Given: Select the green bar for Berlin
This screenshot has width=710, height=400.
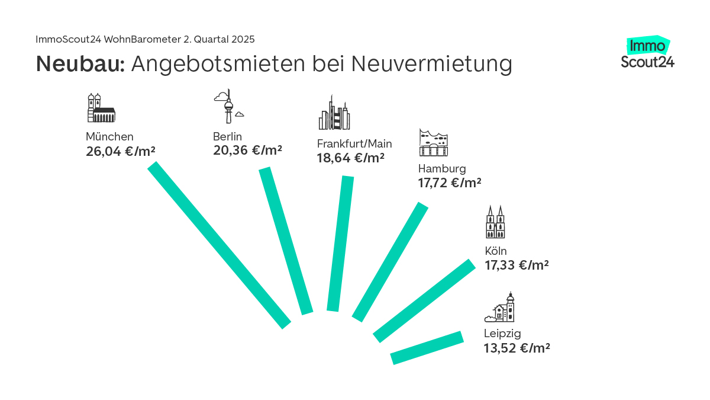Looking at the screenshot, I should coord(286,241).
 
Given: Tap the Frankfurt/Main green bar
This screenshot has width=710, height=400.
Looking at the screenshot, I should coord(340,244).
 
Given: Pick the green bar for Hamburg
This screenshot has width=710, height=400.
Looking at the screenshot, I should coord(390,262).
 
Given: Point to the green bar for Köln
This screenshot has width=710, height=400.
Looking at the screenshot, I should coord(424,301).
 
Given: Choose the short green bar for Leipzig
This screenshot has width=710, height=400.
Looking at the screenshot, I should coord(427,348).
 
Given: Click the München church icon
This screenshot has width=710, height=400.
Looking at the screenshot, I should coord(100,108).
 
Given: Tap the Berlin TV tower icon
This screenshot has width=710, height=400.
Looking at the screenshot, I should coord(228,107).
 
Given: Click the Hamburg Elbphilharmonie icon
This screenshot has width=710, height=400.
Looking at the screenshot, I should coord(434,143).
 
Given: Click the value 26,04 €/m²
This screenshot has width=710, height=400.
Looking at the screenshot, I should coord(121,152).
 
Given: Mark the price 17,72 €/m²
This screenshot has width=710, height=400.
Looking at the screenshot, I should coord(450,183).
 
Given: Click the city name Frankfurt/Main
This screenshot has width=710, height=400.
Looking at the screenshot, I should coord(354,143).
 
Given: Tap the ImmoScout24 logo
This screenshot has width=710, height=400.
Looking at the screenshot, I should coord(648,53).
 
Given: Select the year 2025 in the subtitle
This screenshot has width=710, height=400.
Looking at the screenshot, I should coord(243,39).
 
